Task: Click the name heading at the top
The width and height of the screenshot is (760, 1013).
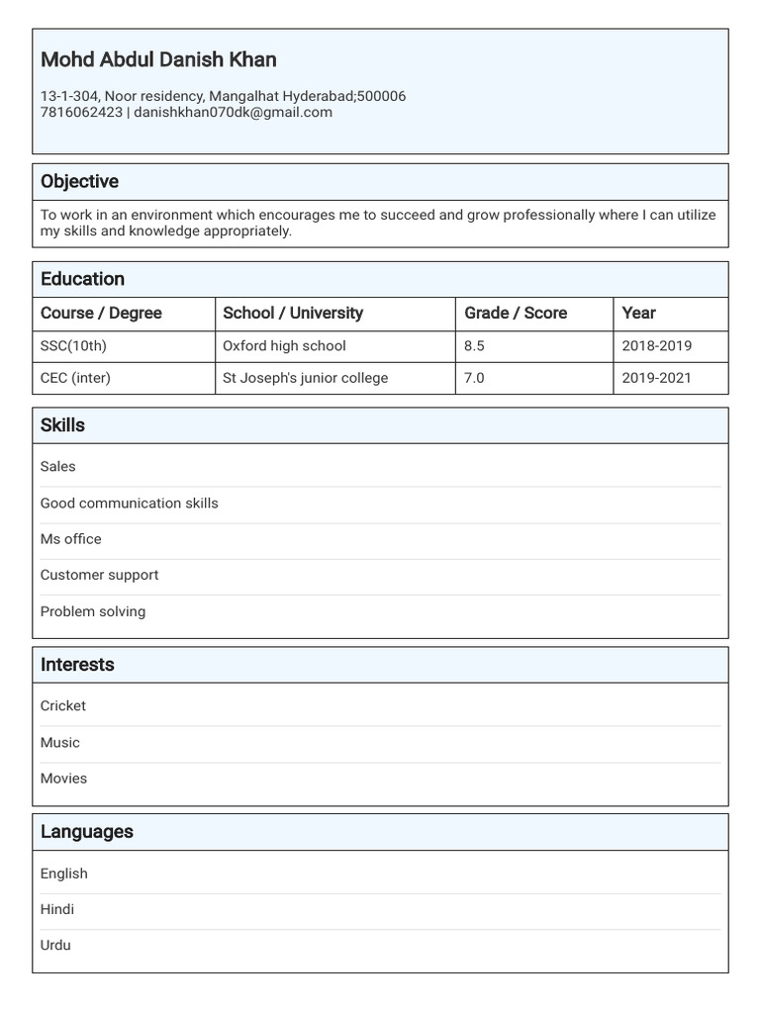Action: pos(158,59)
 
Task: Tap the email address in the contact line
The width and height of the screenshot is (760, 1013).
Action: pos(233,113)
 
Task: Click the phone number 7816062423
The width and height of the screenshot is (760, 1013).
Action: pos(81,113)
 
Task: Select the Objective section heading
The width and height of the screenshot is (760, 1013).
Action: pos(79,181)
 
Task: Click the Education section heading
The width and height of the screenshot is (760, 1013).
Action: pos(82,279)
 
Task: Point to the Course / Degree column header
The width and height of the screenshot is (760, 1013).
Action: pos(101,313)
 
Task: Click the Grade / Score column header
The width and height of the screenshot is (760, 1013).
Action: pos(516,313)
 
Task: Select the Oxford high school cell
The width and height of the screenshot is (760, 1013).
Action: pos(284,346)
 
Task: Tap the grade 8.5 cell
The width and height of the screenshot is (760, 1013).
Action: pos(474,346)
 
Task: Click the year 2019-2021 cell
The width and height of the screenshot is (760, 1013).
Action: pos(656,378)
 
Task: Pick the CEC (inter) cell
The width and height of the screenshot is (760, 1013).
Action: pos(75,378)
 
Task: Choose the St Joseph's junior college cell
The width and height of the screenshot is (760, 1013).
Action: pos(305,378)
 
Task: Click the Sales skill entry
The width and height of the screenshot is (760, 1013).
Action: pos(57,467)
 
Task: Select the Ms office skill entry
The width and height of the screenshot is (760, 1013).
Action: pos(70,539)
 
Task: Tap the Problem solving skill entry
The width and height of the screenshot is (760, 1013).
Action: pos(92,611)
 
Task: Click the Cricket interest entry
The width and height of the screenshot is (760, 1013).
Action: pos(62,706)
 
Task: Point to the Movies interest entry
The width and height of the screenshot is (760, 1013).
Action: pos(63,779)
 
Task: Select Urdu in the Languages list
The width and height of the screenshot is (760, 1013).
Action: pos(55,945)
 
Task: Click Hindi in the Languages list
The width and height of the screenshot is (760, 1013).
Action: pos(56,909)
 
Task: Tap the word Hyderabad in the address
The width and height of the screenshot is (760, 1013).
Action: pos(318,96)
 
